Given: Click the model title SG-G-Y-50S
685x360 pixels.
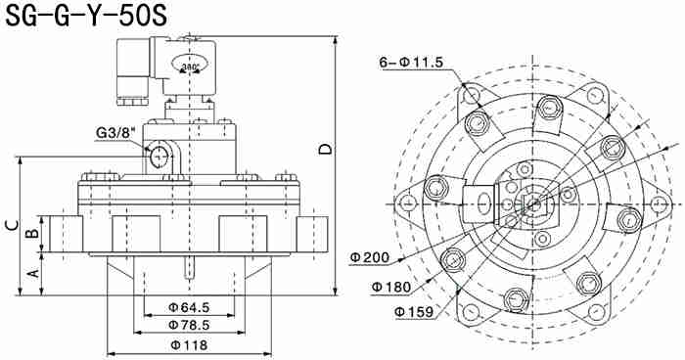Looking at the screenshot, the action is pyautogui.click(x=86, y=16).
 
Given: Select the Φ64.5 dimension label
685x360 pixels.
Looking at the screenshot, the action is pyautogui.click(x=189, y=307).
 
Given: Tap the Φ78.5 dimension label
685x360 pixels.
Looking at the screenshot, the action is pyautogui.click(x=189, y=325).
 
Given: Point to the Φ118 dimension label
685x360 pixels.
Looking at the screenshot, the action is pyautogui.click(x=189, y=345).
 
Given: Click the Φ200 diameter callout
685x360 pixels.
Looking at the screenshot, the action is pyautogui.click(x=369, y=257).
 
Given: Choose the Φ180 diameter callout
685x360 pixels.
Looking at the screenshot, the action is pyautogui.click(x=391, y=287).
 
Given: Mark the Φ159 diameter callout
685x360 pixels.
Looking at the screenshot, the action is pyautogui.click(x=414, y=311).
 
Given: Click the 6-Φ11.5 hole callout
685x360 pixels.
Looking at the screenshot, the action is pyautogui.click(x=411, y=63).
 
